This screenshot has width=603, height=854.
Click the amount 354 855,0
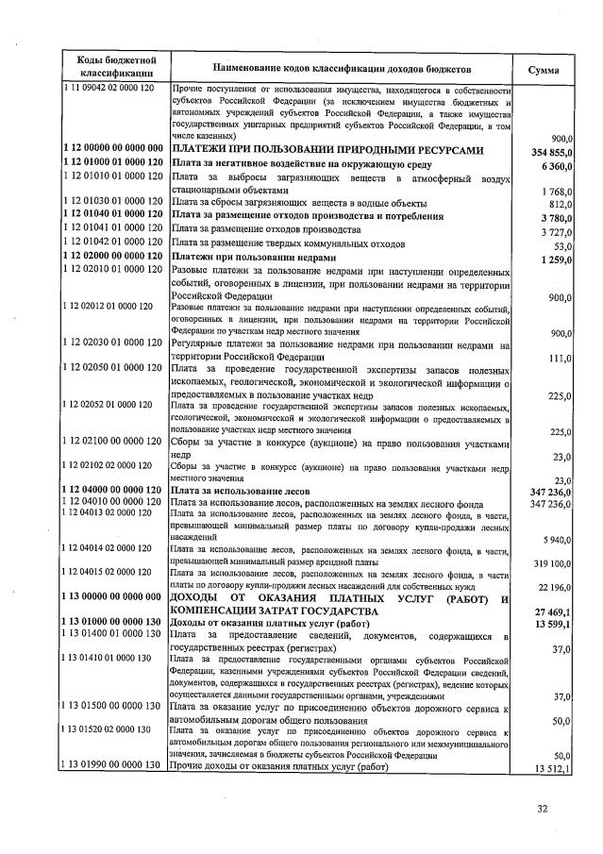pyautogui.click(x=553, y=152)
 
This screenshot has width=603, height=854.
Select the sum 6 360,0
pyautogui.click(x=559, y=165)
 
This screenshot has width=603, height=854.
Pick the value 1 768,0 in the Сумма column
pyautogui.click(x=559, y=192)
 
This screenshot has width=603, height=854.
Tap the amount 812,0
pyautogui.click(x=562, y=204)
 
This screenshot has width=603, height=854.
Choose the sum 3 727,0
pyautogui.click(x=559, y=231)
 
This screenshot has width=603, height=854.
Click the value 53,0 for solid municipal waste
pyautogui.click(x=565, y=244)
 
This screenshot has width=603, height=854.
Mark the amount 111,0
pyautogui.click(x=562, y=359)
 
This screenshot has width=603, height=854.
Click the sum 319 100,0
pyautogui.click(x=554, y=563)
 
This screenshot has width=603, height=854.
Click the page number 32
pyautogui.click(x=543, y=808)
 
